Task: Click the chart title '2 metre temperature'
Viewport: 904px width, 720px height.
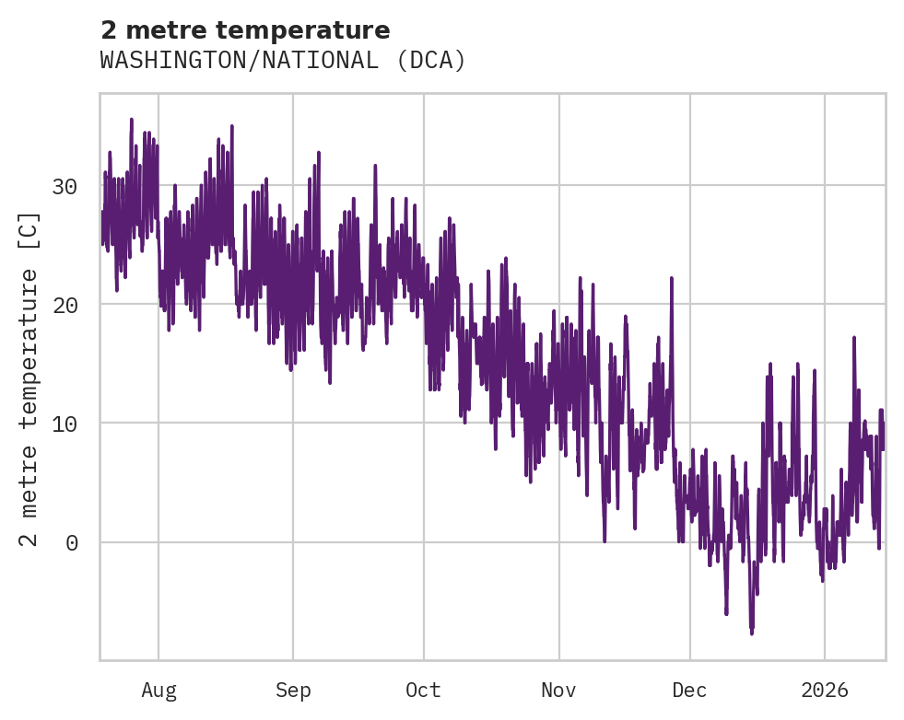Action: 245,30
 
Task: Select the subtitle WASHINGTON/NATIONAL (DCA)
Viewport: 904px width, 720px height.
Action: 283,61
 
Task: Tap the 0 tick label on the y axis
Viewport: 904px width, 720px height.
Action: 71,542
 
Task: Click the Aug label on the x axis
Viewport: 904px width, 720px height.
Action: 158,691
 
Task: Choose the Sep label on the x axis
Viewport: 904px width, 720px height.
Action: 293,691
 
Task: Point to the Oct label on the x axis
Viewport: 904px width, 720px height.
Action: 424,691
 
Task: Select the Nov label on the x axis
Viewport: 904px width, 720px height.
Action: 558,691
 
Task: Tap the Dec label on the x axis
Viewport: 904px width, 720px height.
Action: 689,691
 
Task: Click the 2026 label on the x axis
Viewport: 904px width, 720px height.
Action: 825,691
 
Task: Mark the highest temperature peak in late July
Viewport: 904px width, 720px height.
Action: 131,120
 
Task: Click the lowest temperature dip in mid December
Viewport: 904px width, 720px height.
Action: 752,633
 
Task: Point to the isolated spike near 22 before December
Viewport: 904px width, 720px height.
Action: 672,278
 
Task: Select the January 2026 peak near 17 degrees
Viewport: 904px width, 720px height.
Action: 854,338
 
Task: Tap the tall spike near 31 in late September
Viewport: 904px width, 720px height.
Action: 375,167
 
